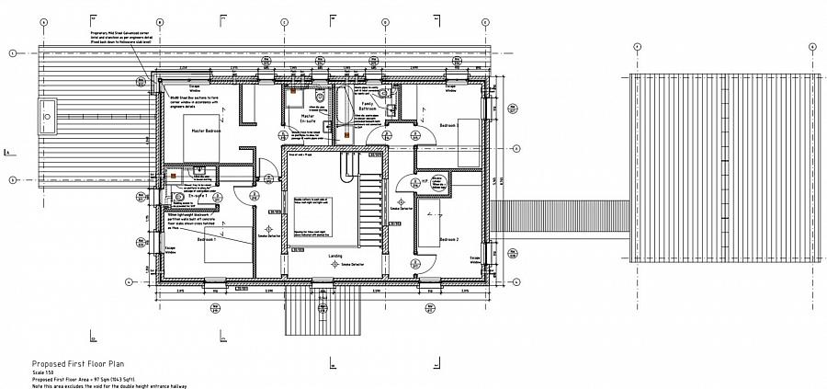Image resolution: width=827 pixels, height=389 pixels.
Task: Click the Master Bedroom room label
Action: (206, 132)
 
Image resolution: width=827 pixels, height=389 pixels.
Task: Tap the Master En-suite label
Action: (308, 120)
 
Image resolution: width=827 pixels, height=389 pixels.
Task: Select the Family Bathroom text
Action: (368, 107)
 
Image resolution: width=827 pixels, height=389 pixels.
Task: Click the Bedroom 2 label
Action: (448, 239)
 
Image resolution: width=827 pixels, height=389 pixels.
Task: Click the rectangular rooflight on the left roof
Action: (44, 115)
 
